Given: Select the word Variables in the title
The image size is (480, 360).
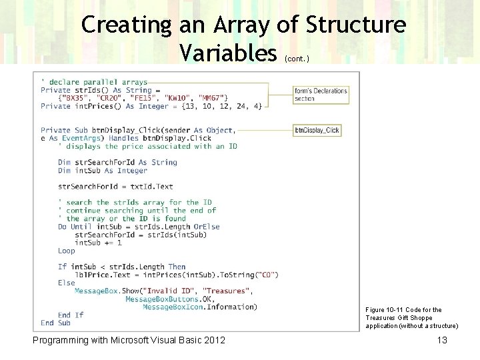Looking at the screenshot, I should pyautogui.click(x=227, y=51).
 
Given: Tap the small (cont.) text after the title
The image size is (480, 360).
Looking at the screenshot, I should pyautogui.click(x=297, y=59).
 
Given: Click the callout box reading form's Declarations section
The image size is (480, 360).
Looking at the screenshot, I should pyautogui.click(x=321, y=94).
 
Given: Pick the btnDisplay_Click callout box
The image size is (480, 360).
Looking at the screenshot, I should pyautogui.click(x=317, y=130).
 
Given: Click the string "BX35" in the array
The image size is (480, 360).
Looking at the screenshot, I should pyautogui.click(x=76, y=98).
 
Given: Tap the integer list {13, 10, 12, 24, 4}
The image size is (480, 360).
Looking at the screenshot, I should pyautogui.click(x=221, y=106).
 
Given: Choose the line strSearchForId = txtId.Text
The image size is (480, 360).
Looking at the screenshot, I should pyautogui.click(x=115, y=187).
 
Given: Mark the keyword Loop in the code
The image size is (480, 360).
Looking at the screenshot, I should pyautogui.click(x=67, y=251).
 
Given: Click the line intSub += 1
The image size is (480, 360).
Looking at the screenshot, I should pyautogui.click(x=98, y=243).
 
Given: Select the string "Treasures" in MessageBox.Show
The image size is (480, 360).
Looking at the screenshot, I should pyautogui.click(x=226, y=291).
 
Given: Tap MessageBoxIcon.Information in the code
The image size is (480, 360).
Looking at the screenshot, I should pyautogui.click(x=199, y=307).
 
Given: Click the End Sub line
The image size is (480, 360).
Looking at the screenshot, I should pyautogui.click(x=55, y=323).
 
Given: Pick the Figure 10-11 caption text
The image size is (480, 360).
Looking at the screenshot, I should pyautogui.click(x=411, y=317).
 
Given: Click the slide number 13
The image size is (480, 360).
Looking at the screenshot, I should pyautogui.click(x=441, y=341).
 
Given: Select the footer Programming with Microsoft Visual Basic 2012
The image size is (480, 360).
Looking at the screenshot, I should pyautogui.click(x=129, y=341).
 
